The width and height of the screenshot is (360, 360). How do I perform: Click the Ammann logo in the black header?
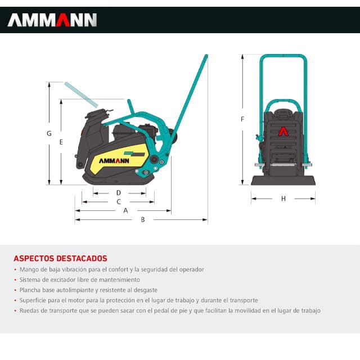coord(52,20)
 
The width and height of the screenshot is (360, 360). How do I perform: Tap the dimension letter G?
coord(49,134)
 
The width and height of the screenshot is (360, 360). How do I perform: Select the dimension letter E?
coord(61,142)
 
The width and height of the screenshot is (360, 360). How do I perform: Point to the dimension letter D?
coord(119,192)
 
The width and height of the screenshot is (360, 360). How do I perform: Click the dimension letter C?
coord(119,201)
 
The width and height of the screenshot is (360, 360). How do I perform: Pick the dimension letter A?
coord(125,210)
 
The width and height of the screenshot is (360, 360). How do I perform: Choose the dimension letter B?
coord(143,219)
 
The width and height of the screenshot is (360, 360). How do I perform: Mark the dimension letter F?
coord(242,119)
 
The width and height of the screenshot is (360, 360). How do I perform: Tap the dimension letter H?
coord(283,199)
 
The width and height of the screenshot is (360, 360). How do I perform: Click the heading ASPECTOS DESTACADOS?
coord(60,259)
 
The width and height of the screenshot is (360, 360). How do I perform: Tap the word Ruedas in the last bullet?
coord(29,310)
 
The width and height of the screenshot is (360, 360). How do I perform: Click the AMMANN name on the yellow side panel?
coord(115,160)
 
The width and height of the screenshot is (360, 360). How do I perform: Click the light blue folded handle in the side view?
coord(81,94)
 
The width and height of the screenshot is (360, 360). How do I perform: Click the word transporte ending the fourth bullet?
coord(243,300)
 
